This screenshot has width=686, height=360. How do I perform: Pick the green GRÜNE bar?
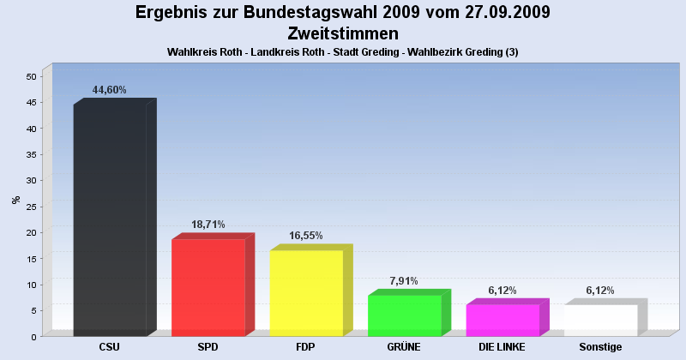[404, 315]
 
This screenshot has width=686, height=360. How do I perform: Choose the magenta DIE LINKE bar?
[502, 320]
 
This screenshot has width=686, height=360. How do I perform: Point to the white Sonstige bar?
[600, 320]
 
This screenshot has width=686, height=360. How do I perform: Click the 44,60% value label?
[110, 90]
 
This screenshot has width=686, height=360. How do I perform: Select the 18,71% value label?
[208, 225]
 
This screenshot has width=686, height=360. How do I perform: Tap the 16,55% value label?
[306, 236]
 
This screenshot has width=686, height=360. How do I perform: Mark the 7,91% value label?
[404, 280]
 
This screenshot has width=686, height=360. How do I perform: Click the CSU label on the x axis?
[110, 347]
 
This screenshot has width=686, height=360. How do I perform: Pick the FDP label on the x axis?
[306, 347]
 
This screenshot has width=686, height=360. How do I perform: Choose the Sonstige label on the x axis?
[600, 347]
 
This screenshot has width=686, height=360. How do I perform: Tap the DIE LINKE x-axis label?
[502, 347]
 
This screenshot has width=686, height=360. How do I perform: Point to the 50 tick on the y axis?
[31, 76]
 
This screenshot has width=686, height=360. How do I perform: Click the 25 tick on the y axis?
[31, 207]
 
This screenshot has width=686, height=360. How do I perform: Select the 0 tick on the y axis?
[33, 336]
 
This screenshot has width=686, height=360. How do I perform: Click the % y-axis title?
[15, 200]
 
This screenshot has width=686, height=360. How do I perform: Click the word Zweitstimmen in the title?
[343, 33]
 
